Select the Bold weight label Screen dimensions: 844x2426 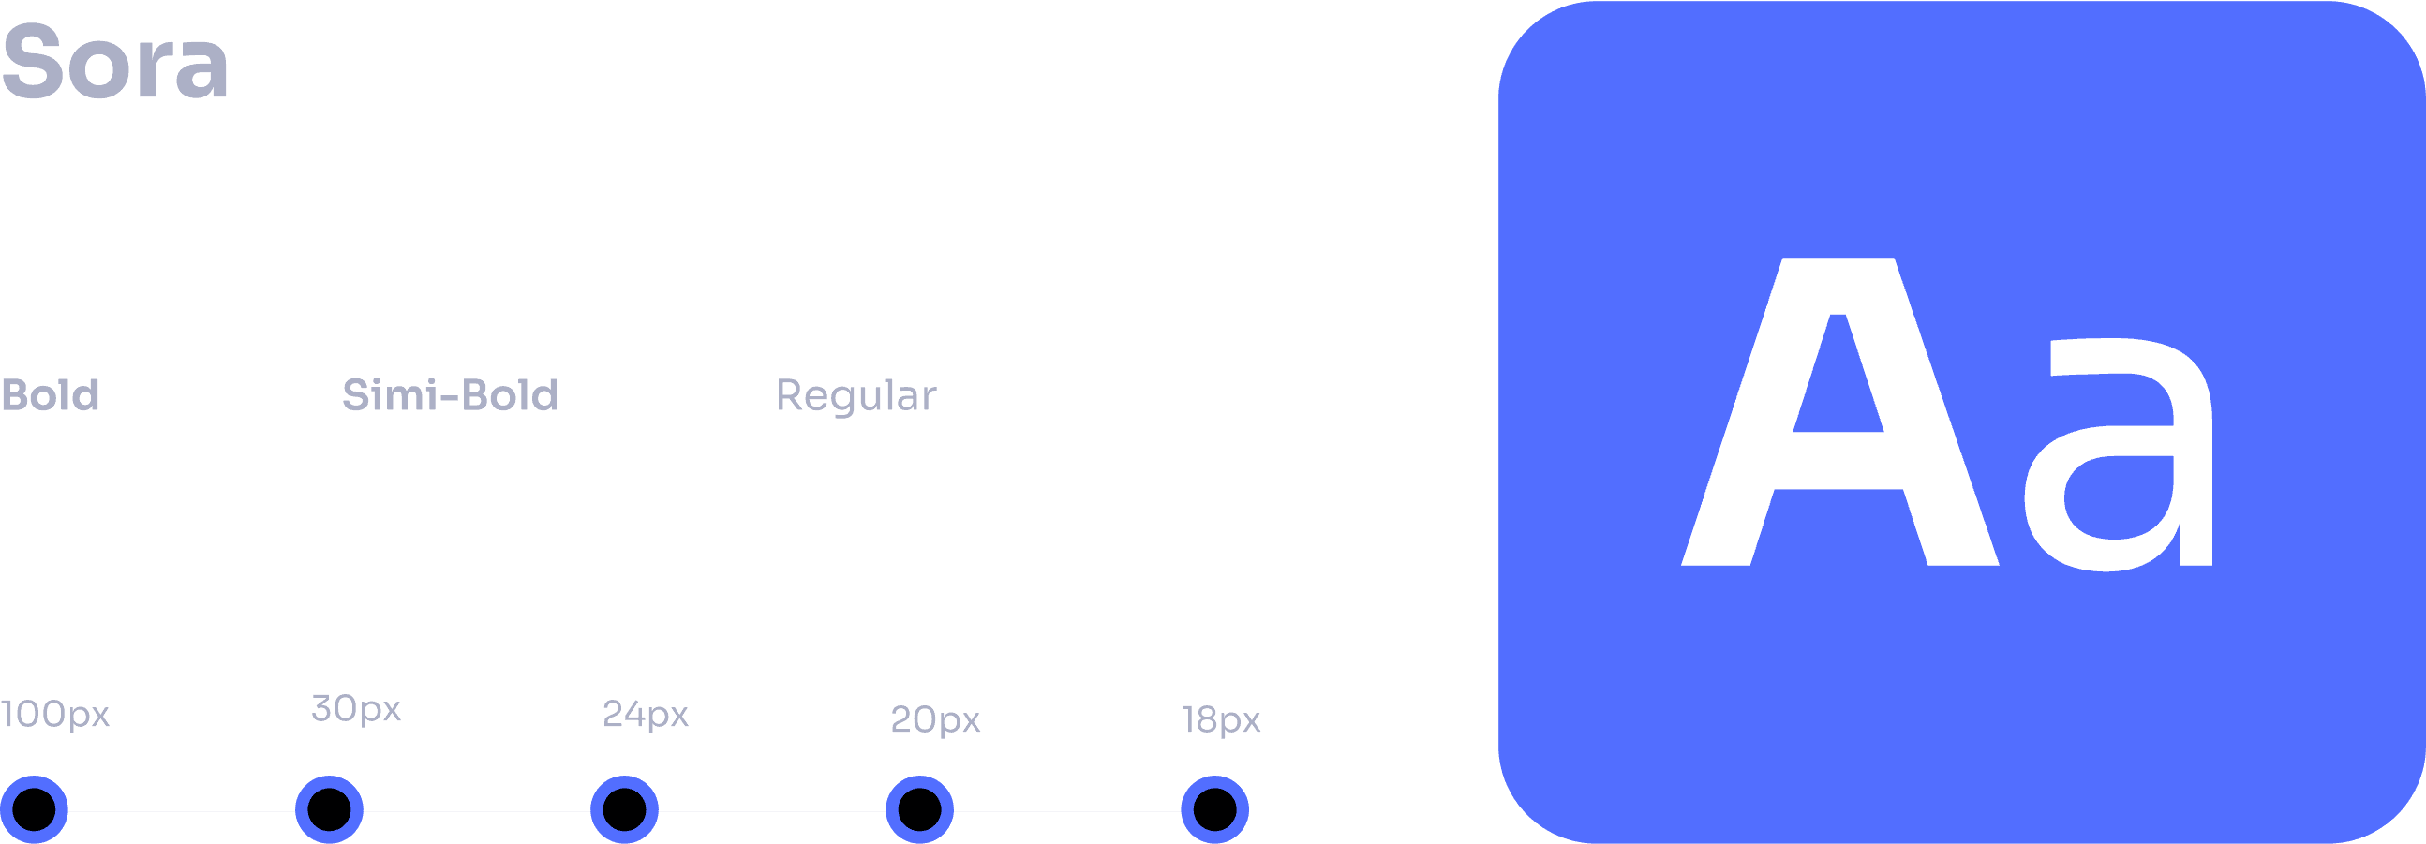click(x=50, y=395)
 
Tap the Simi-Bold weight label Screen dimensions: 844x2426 click(x=449, y=395)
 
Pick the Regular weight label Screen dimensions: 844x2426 click(x=856, y=396)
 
